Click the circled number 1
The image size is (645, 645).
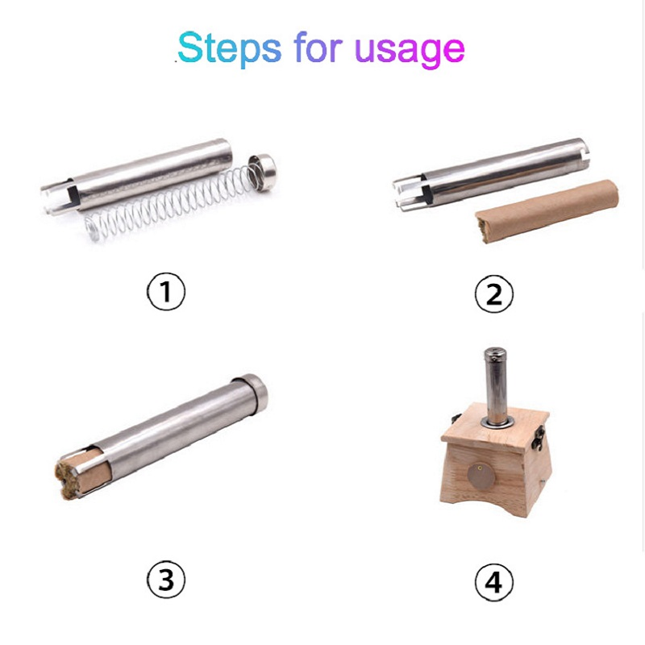[x=165, y=292]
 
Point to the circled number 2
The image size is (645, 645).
[x=493, y=294]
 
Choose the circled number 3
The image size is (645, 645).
[x=165, y=578]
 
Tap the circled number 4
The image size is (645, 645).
[x=493, y=580]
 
